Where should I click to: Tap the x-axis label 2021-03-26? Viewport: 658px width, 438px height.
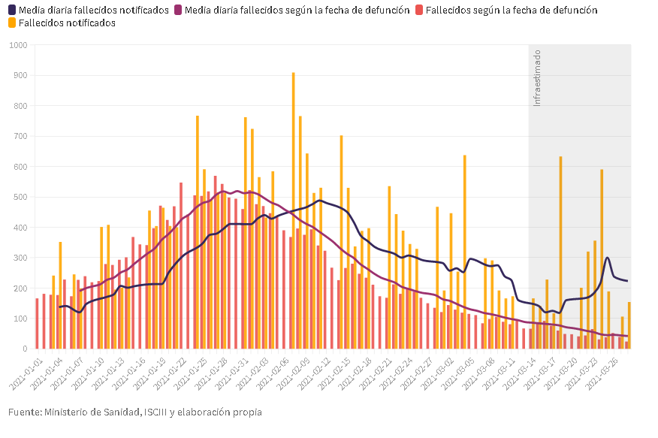point(608,370)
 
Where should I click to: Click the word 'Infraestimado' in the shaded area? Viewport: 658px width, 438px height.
point(536,77)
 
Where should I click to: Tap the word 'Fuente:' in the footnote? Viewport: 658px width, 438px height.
point(24,412)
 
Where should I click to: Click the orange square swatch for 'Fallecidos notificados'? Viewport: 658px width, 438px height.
point(13,23)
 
